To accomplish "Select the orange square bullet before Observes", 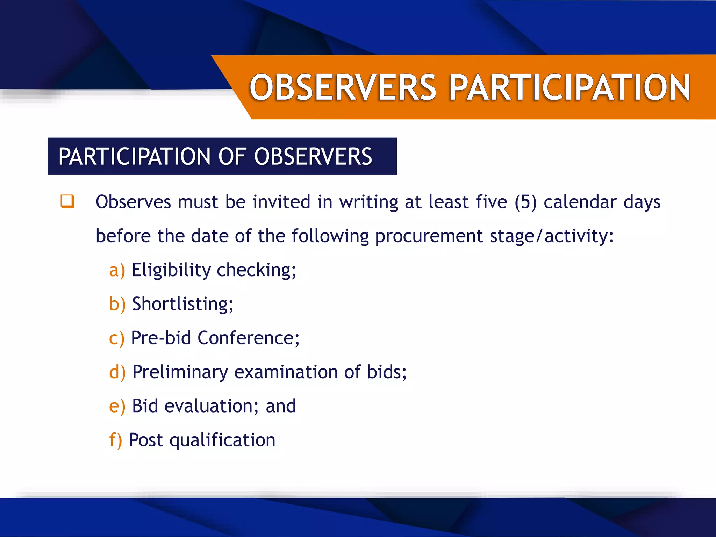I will [x=67, y=201].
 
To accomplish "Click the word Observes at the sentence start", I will [x=133, y=202].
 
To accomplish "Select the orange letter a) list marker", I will [x=117, y=270].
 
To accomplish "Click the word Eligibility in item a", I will [x=171, y=270].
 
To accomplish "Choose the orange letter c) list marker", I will [x=116, y=338].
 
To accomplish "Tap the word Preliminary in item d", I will [x=180, y=372].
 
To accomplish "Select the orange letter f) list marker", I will [x=115, y=440].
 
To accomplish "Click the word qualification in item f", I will [x=222, y=441].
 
